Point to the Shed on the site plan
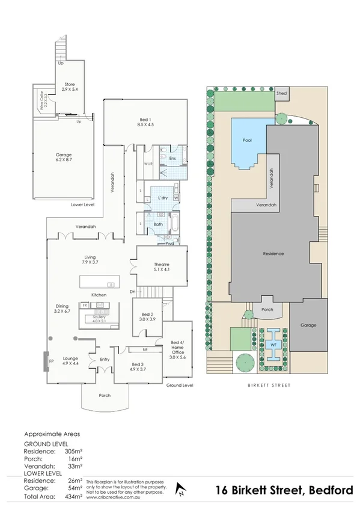[x=281, y=94]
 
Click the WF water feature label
[x=273, y=345]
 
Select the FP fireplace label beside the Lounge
[x=51, y=361]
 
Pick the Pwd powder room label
[x=170, y=243]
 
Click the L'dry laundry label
[x=162, y=198]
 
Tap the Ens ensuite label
[x=172, y=159]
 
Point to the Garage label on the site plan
[x=310, y=325]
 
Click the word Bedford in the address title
[x=331, y=491]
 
